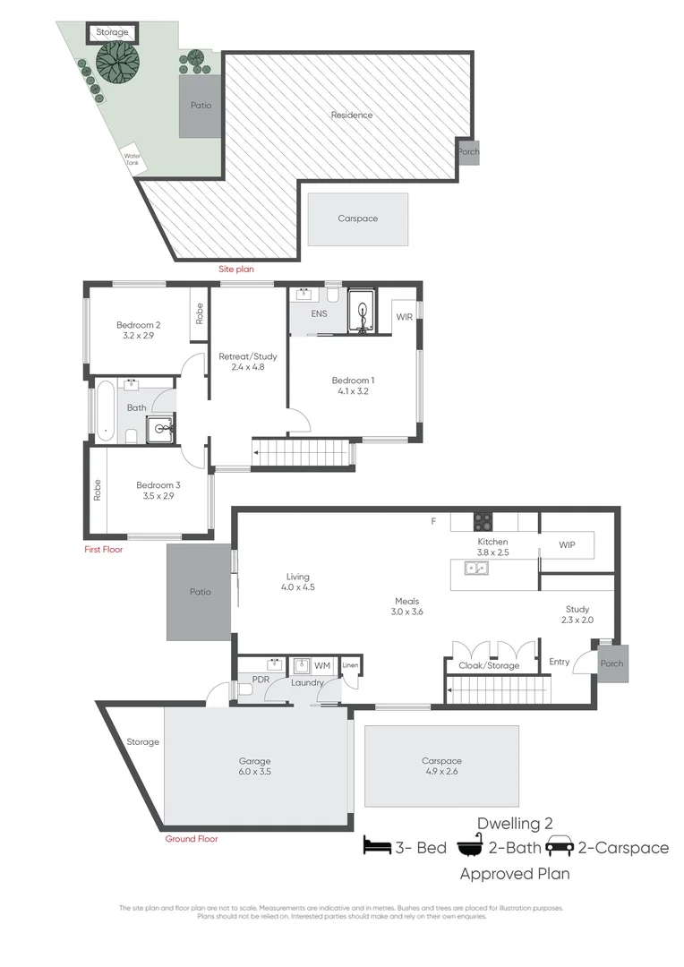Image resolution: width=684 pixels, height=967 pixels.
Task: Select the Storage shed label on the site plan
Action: coord(113,32)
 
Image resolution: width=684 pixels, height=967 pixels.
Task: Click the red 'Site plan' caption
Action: coord(236,268)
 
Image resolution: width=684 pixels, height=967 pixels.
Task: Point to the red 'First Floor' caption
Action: coord(103,550)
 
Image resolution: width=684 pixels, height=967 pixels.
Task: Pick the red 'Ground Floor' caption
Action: coord(191,839)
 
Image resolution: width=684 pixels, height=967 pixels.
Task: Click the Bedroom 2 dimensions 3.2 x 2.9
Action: coord(138,338)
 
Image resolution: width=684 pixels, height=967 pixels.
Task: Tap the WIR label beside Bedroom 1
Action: coord(405,316)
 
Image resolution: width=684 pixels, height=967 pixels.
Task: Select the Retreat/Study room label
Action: coord(242,356)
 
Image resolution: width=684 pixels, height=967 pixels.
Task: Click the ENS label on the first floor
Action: coord(319,314)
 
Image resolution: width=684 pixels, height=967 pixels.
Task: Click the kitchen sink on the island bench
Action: coord(475,568)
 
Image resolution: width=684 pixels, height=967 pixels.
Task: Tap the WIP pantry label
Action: coord(567,544)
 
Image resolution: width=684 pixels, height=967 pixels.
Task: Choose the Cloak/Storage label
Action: coord(489,665)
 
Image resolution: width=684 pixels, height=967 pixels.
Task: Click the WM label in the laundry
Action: coord(322,666)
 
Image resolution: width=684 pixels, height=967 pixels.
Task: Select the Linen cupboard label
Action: coord(351,665)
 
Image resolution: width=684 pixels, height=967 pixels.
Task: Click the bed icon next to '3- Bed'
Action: coord(375,847)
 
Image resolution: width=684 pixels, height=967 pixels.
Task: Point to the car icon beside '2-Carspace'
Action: coord(560,846)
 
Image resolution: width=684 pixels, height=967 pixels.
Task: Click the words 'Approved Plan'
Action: coord(515,873)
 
